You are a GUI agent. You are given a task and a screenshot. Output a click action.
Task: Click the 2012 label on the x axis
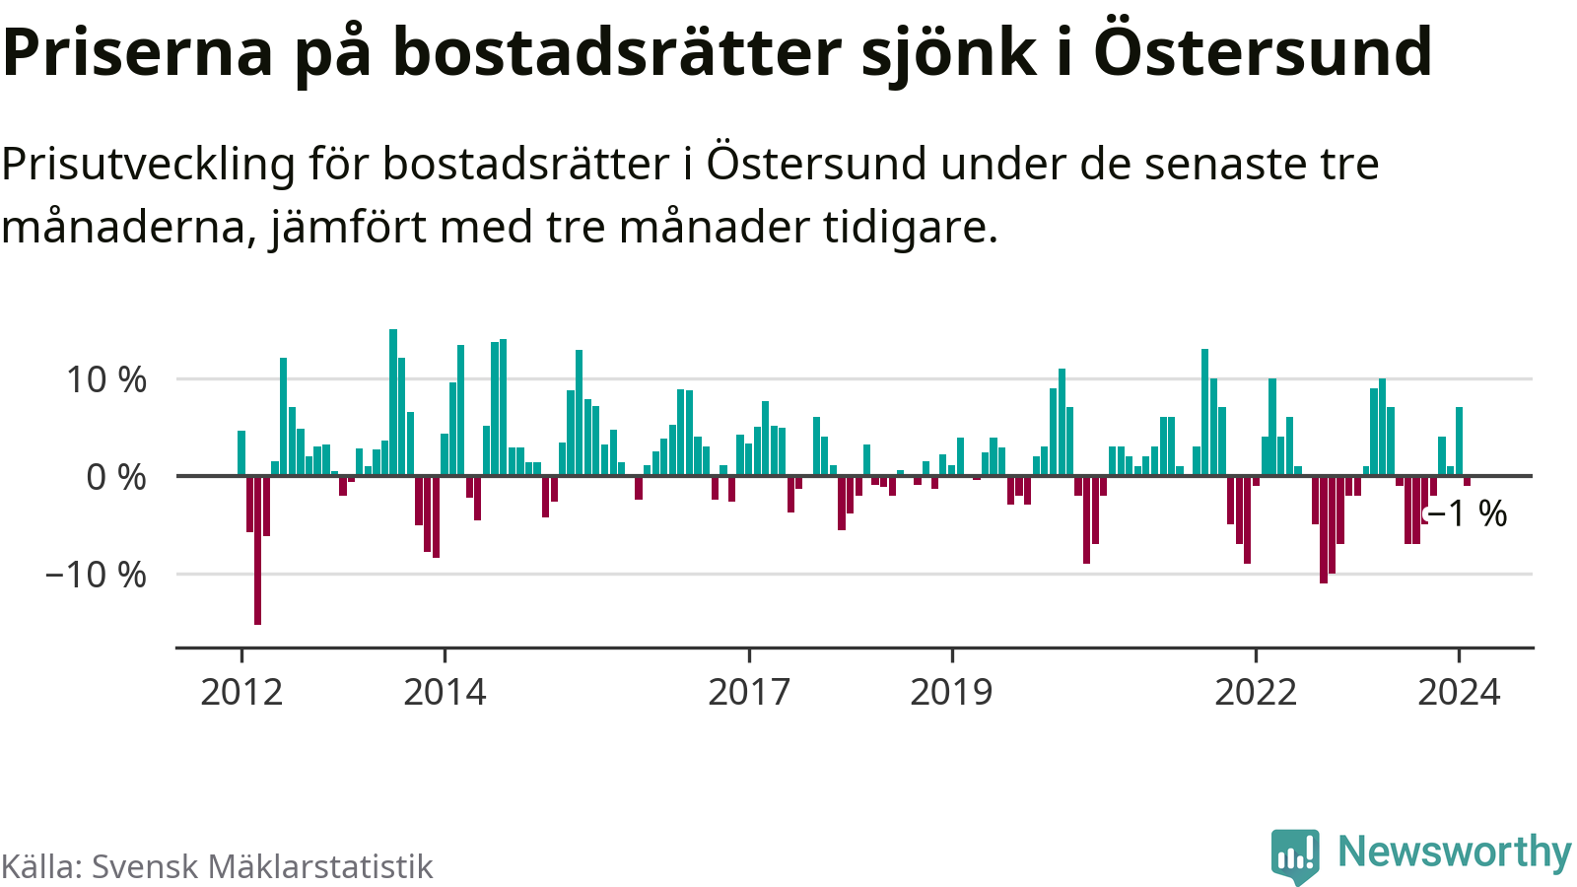pyautogui.click(x=241, y=692)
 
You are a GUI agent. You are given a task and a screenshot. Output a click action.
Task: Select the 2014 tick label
pyautogui.click(x=445, y=692)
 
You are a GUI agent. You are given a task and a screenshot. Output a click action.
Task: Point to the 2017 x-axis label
pyautogui.click(x=749, y=692)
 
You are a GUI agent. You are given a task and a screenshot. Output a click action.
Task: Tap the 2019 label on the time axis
pyautogui.click(x=951, y=692)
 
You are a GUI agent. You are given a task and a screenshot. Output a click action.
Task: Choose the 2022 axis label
pyautogui.click(x=1256, y=692)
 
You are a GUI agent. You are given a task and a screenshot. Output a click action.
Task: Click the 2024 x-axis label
pyautogui.click(x=1459, y=692)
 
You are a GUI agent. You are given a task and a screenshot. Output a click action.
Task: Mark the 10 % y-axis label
pyautogui.click(x=106, y=379)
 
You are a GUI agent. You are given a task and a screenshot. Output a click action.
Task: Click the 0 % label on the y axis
pyautogui.click(x=116, y=477)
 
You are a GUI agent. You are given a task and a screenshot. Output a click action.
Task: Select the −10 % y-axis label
pyautogui.click(x=96, y=575)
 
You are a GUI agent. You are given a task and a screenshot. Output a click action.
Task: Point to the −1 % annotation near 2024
pyautogui.click(x=1468, y=513)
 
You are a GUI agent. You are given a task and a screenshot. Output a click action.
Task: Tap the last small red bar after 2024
pyautogui.click(x=1467, y=481)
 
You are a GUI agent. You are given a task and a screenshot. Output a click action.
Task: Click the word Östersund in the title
pyautogui.click(x=1263, y=51)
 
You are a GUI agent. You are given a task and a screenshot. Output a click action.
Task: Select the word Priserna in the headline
pyautogui.click(x=138, y=51)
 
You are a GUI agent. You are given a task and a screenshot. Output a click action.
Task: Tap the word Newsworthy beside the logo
pyautogui.click(x=1455, y=852)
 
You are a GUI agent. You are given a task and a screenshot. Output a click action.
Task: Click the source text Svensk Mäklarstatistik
pyautogui.click(x=262, y=866)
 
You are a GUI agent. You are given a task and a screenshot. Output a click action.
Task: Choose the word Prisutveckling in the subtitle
pyautogui.click(x=148, y=164)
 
